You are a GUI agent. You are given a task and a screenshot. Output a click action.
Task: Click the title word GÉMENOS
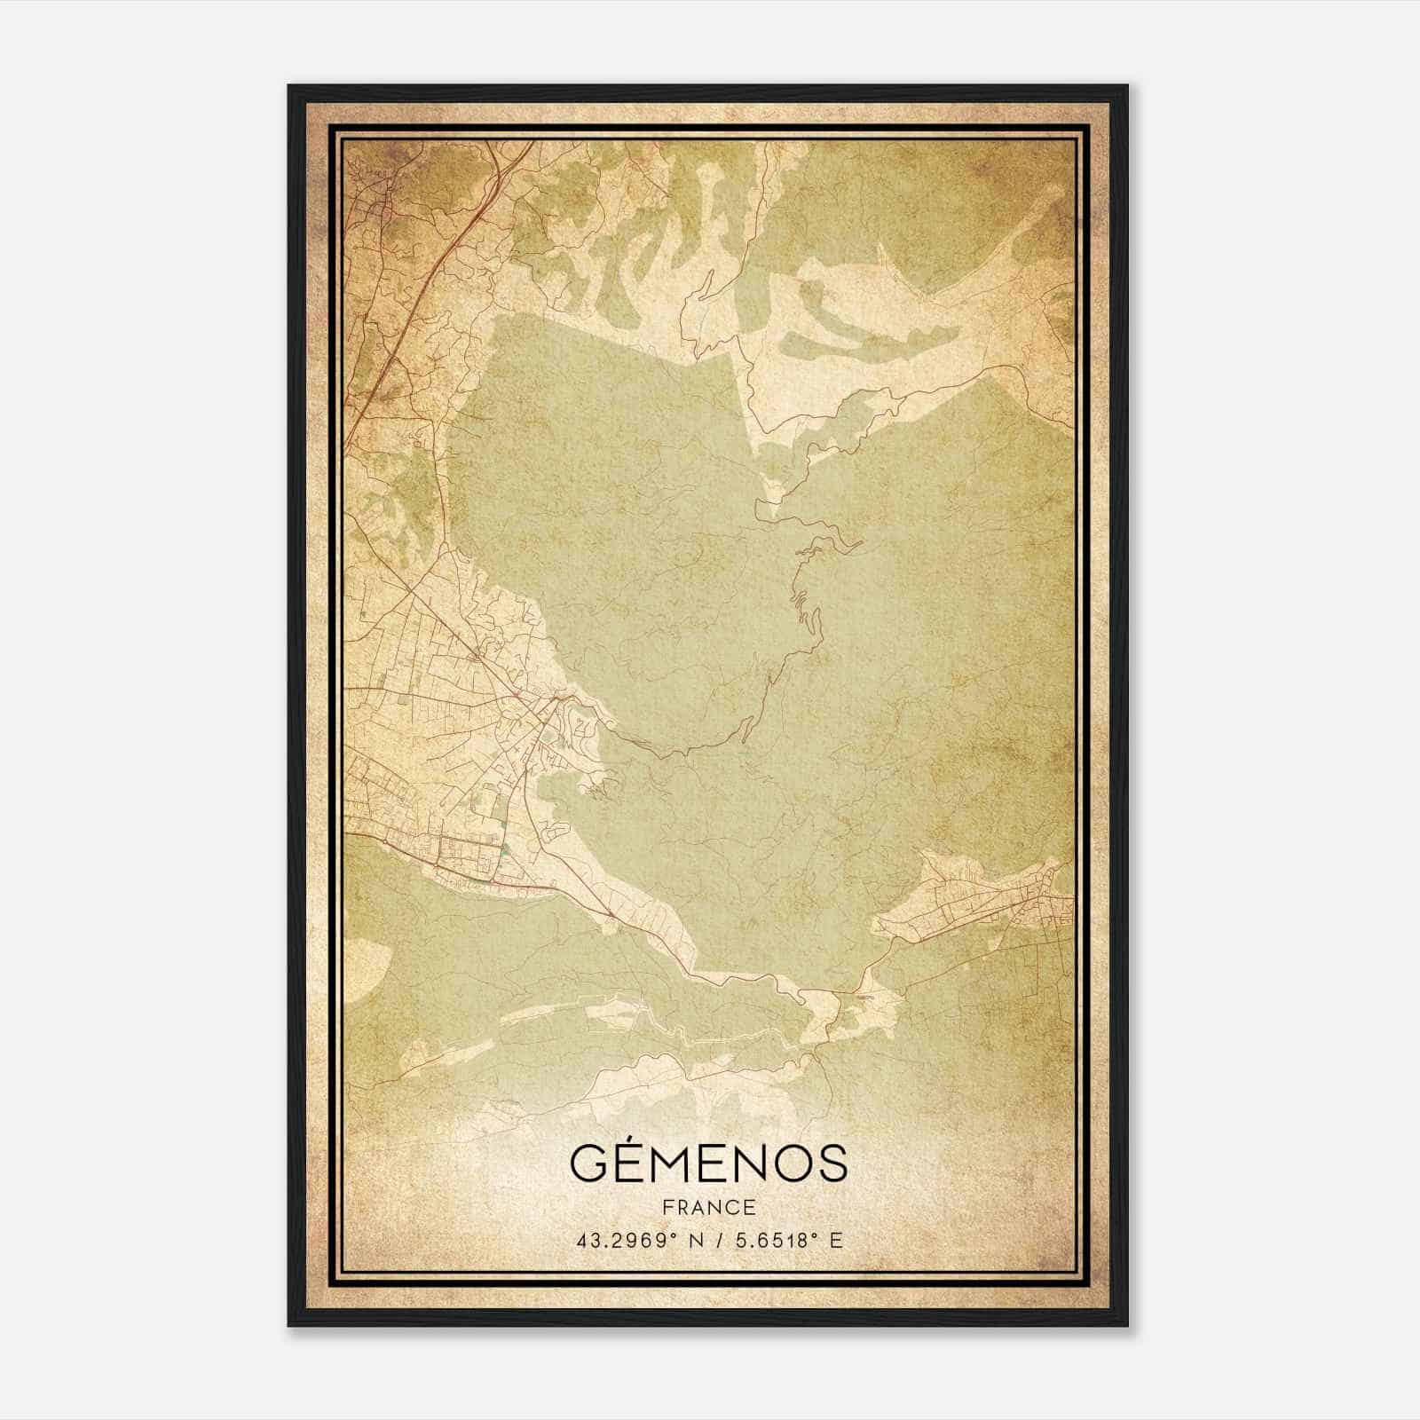click(708, 1163)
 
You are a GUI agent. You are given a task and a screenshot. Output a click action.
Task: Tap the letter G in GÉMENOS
click(588, 1164)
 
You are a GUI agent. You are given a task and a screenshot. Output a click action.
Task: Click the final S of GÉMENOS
click(831, 1164)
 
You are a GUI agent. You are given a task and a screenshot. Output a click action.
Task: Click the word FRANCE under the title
click(708, 1208)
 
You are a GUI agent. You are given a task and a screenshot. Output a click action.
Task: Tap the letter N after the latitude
click(698, 1241)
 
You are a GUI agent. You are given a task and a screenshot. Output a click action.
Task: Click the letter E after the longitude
click(835, 1241)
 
